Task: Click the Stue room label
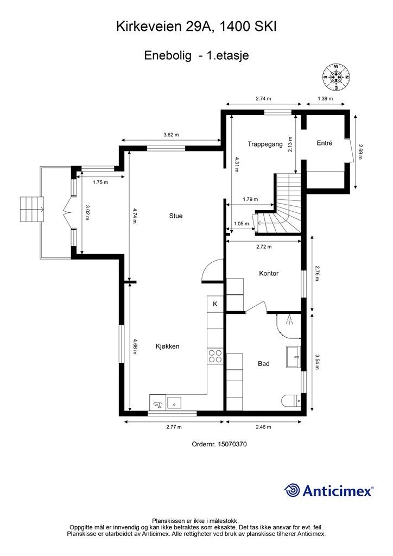(x=176, y=216)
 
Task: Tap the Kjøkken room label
(x=168, y=346)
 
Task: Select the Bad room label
(x=264, y=363)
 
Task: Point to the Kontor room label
(x=269, y=274)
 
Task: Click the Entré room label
(x=325, y=143)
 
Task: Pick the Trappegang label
(x=265, y=144)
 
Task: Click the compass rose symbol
(x=337, y=77)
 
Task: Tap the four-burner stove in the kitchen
(x=215, y=356)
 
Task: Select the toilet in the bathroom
(x=291, y=400)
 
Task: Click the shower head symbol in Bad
(x=289, y=319)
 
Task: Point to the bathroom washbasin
(x=294, y=357)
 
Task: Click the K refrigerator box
(x=215, y=304)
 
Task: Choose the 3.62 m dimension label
(x=171, y=135)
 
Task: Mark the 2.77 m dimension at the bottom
(x=174, y=427)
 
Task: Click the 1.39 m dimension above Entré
(x=325, y=99)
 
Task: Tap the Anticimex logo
(x=328, y=491)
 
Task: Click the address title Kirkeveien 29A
(x=165, y=27)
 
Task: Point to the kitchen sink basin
(x=174, y=402)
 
